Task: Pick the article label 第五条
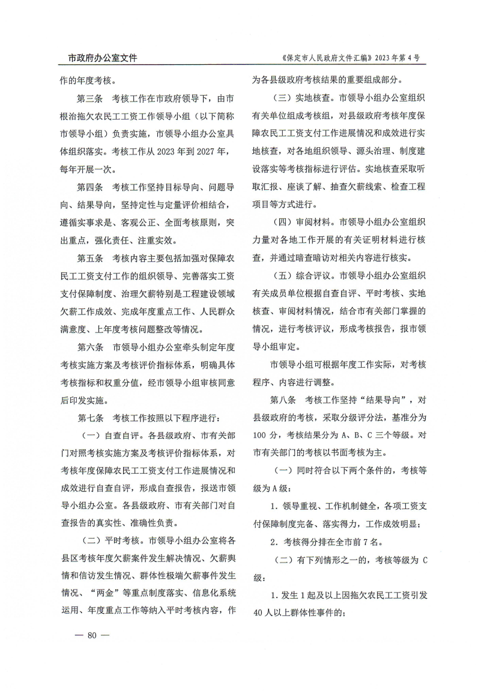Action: point(89,260)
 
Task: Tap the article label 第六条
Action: point(89,347)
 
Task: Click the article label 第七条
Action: point(89,418)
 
